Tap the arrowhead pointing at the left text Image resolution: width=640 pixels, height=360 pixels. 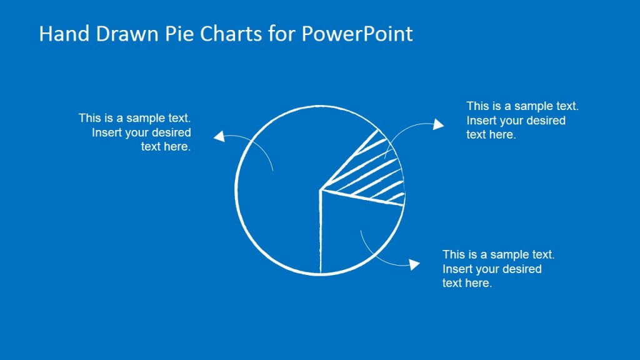click(x=218, y=136)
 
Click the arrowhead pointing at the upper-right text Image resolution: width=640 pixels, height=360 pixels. click(x=439, y=125)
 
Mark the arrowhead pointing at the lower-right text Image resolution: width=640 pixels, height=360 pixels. click(x=414, y=264)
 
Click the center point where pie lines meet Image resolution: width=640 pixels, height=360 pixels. click(x=321, y=189)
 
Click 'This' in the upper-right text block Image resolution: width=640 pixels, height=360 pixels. click(x=477, y=106)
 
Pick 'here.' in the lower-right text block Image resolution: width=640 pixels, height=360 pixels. click(x=479, y=283)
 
